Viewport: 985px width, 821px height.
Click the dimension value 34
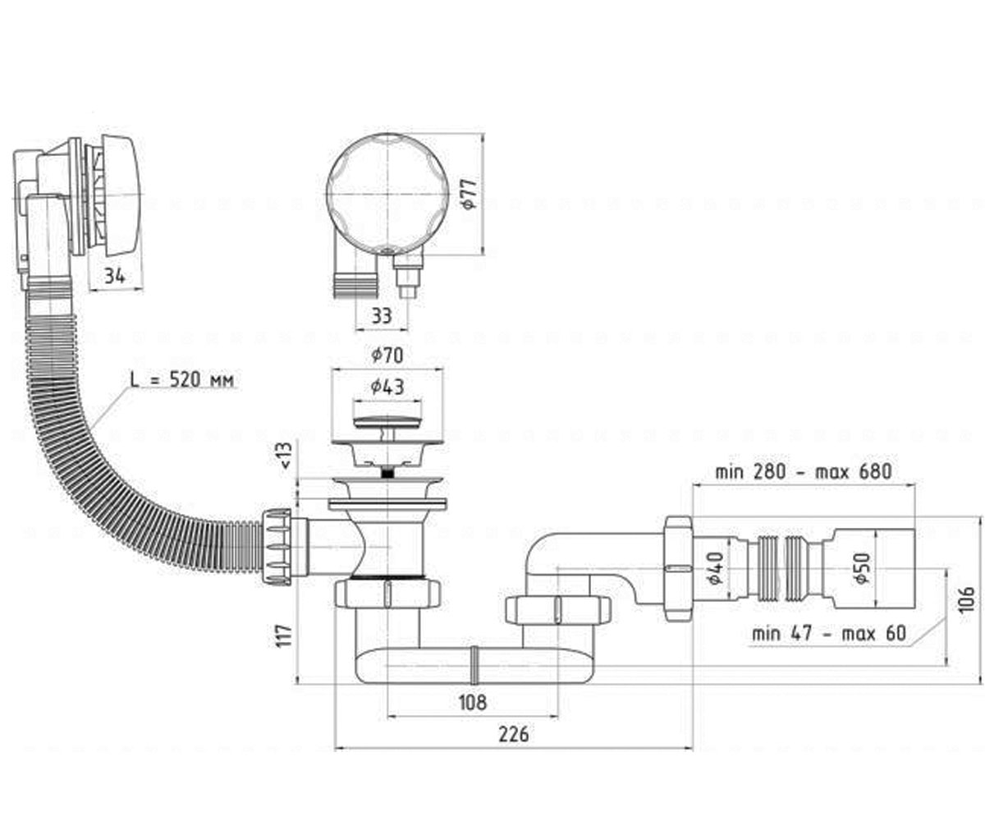pos(115,276)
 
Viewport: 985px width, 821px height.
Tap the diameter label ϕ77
pos(470,194)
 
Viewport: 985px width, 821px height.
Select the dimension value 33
pos(381,315)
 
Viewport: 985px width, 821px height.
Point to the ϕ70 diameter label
pos(387,355)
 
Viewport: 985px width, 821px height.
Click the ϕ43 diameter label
pos(387,387)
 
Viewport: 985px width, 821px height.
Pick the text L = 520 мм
pos(182,380)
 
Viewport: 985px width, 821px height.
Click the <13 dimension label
pos(286,456)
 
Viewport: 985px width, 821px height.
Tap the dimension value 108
pos(472,703)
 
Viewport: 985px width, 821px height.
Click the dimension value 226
pos(514,734)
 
